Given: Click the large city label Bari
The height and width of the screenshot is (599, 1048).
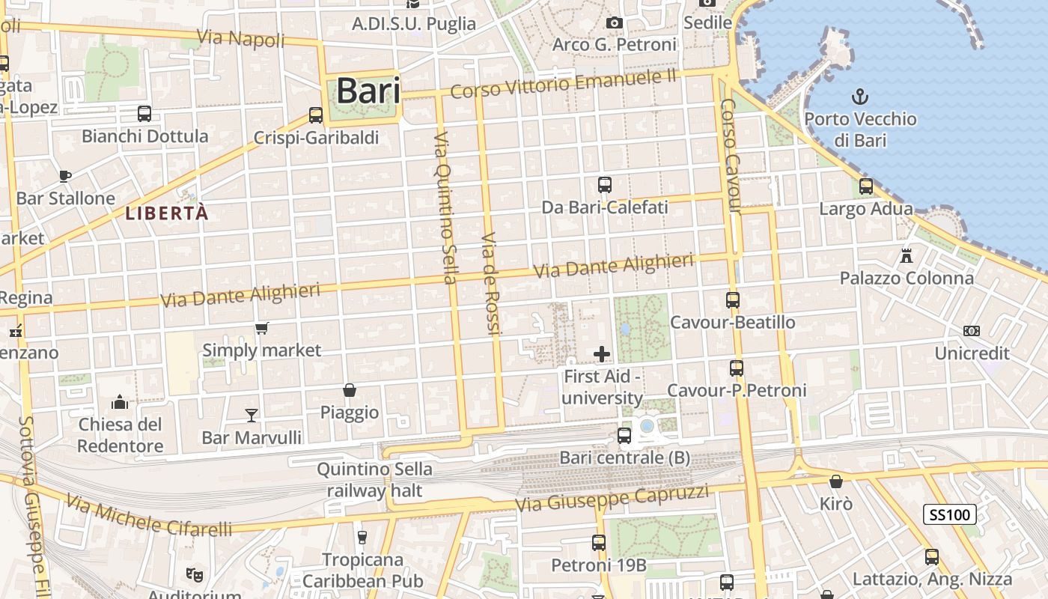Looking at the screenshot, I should [368, 91].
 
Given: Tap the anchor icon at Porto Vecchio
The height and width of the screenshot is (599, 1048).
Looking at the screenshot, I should [860, 97].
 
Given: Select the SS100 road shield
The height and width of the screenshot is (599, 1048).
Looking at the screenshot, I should [950, 514].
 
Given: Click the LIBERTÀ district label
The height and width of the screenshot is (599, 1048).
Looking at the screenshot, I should [166, 213].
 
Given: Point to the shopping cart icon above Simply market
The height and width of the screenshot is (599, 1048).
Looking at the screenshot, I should [262, 328].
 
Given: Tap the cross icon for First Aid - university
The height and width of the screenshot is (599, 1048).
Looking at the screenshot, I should [602, 354].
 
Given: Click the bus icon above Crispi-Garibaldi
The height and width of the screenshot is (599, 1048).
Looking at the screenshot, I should [316, 115].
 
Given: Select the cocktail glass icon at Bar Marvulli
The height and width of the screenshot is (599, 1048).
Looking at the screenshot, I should [252, 415].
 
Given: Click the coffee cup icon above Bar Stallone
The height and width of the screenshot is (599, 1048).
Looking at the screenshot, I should [65, 176].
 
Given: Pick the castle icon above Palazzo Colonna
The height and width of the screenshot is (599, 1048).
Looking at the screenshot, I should [907, 256].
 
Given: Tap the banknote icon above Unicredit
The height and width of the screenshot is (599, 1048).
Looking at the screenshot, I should [972, 331].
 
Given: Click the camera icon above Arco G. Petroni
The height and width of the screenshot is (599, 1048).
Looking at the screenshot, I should [615, 23].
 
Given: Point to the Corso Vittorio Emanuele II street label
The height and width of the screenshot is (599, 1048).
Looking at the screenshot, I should [564, 84].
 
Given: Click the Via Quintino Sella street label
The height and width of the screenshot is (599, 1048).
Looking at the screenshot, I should [445, 208].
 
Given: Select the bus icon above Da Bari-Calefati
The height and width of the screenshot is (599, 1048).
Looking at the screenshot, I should [605, 184].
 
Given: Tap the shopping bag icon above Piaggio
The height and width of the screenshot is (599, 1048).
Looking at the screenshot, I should [349, 390].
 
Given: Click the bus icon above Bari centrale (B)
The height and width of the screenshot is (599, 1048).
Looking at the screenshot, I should [624, 435].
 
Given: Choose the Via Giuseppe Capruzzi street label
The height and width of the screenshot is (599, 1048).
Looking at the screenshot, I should [612, 498].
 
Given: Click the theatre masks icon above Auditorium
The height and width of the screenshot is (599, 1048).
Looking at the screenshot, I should [195, 574].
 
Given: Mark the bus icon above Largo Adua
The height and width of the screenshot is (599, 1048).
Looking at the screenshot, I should [866, 186].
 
